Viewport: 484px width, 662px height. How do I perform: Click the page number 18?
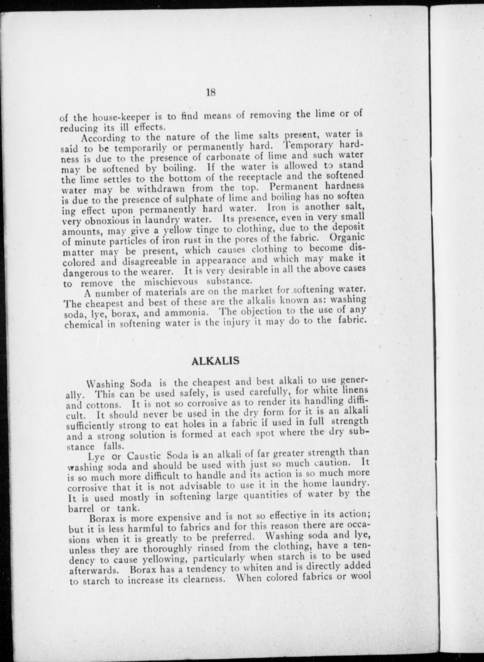click(210, 93)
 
